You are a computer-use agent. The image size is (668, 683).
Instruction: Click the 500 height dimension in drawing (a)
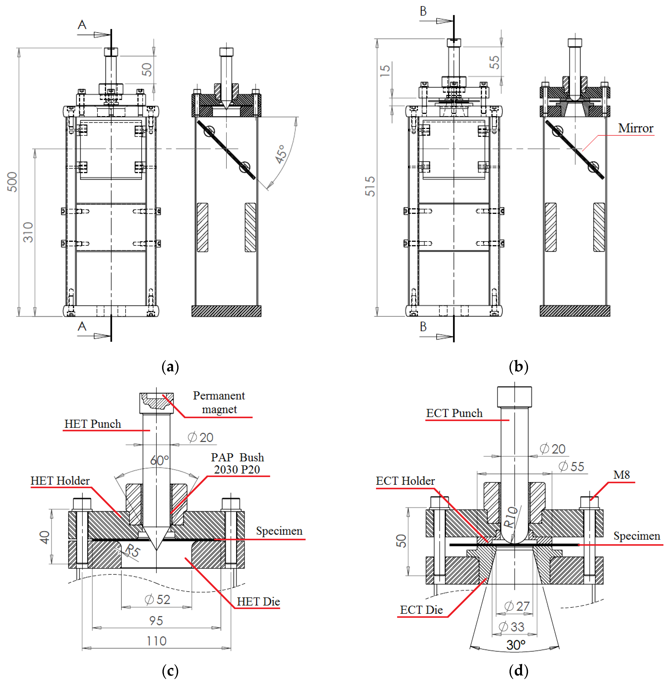tap(12, 182)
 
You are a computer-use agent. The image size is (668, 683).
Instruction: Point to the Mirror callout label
tap(635, 128)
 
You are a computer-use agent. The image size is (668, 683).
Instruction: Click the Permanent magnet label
tap(219, 402)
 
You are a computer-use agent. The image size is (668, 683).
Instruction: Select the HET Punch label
tap(93, 424)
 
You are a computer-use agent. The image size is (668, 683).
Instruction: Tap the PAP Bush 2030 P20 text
tap(237, 463)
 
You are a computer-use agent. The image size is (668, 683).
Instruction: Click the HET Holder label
tap(60, 481)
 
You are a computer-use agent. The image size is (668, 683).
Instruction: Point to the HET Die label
tap(258, 602)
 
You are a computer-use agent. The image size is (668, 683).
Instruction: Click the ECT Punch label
tap(454, 413)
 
